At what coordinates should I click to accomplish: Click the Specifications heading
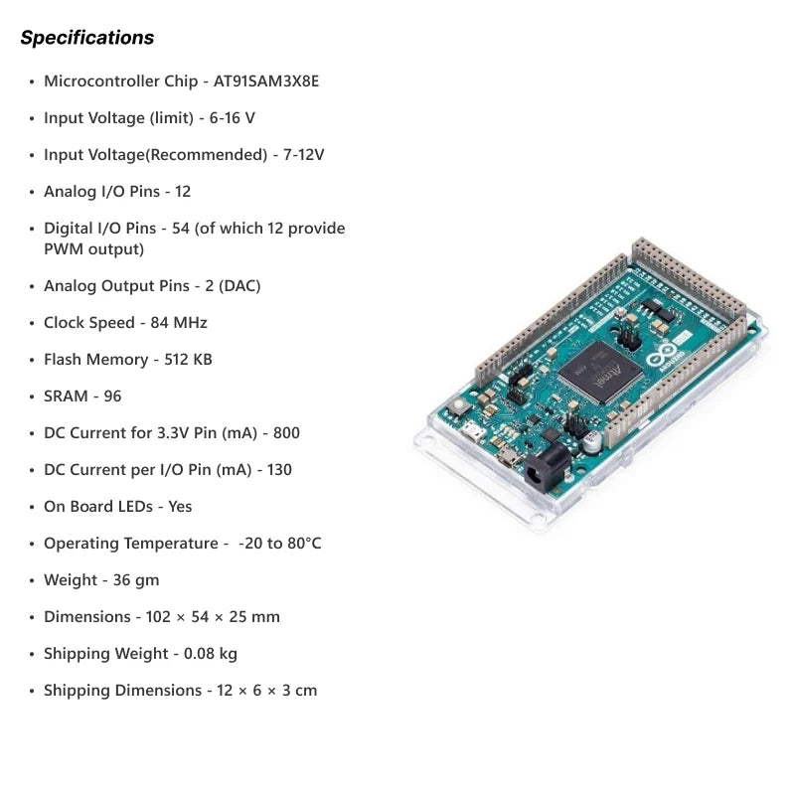(x=87, y=38)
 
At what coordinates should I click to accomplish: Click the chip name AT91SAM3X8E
(x=266, y=81)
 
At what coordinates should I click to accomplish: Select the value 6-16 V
(x=233, y=118)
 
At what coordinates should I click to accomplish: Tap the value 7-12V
(x=304, y=155)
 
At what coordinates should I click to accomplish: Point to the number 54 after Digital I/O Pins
(x=181, y=229)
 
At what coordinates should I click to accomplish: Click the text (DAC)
(x=239, y=286)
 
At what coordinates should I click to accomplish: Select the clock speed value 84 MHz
(x=179, y=322)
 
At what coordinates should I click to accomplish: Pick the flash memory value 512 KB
(x=188, y=360)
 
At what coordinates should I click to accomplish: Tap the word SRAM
(x=66, y=396)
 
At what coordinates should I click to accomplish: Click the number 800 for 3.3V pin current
(x=286, y=433)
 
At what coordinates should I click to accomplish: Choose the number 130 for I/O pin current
(x=279, y=469)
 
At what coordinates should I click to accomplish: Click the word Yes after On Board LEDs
(x=180, y=507)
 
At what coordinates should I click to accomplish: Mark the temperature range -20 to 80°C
(x=280, y=543)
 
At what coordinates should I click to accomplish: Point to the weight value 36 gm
(x=136, y=580)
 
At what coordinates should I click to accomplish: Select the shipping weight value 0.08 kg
(x=211, y=654)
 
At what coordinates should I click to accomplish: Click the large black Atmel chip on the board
(x=601, y=372)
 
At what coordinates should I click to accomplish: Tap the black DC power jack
(x=547, y=467)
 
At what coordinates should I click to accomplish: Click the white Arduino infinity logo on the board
(x=661, y=353)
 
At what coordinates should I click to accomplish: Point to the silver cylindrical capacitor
(x=591, y=441)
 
